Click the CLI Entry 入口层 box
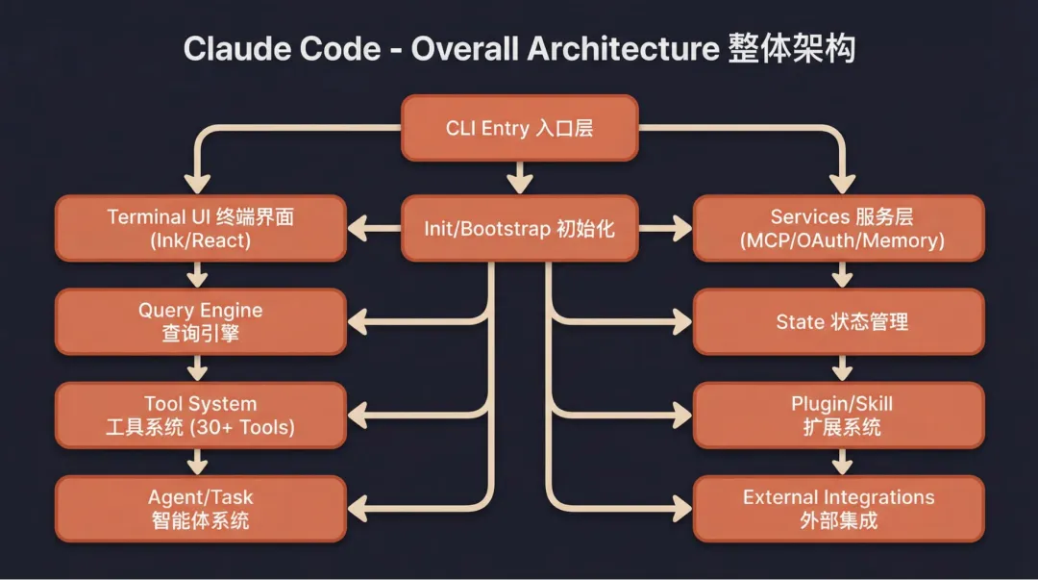[519, 128]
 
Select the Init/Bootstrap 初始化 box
[519, 229]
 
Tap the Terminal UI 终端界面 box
[200, 229]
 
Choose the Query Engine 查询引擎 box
[200, 322]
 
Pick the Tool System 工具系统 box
[200, 416]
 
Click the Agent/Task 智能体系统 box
[200, 509]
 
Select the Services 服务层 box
[839, 229]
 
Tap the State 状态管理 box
[839, 322]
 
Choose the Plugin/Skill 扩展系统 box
[839, 416]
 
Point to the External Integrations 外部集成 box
[839, 509]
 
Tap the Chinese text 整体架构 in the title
[791, 49]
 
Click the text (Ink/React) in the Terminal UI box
[200, 240]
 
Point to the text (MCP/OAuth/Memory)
[842, 240]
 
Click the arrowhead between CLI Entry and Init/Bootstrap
[519, 184]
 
